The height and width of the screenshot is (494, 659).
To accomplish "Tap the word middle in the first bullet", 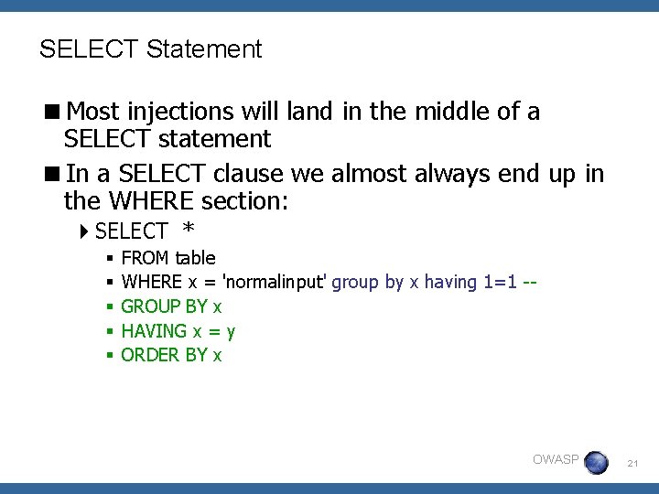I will point(448,113).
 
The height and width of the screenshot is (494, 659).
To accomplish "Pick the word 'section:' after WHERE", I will point(246,199).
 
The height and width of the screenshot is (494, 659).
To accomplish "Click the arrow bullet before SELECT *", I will point(85,231).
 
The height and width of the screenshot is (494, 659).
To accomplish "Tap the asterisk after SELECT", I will point(189,231).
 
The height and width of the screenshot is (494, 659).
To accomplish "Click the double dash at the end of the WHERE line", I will point(528,283).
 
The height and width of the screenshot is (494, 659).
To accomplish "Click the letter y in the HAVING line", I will point(232,332).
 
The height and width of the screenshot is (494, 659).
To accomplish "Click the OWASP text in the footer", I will point(556,459).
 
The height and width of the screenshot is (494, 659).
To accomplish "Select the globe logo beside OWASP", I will point(596,462).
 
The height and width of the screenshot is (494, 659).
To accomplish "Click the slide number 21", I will point(632,465).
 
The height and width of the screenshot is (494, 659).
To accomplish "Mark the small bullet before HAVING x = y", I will point(108,331).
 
